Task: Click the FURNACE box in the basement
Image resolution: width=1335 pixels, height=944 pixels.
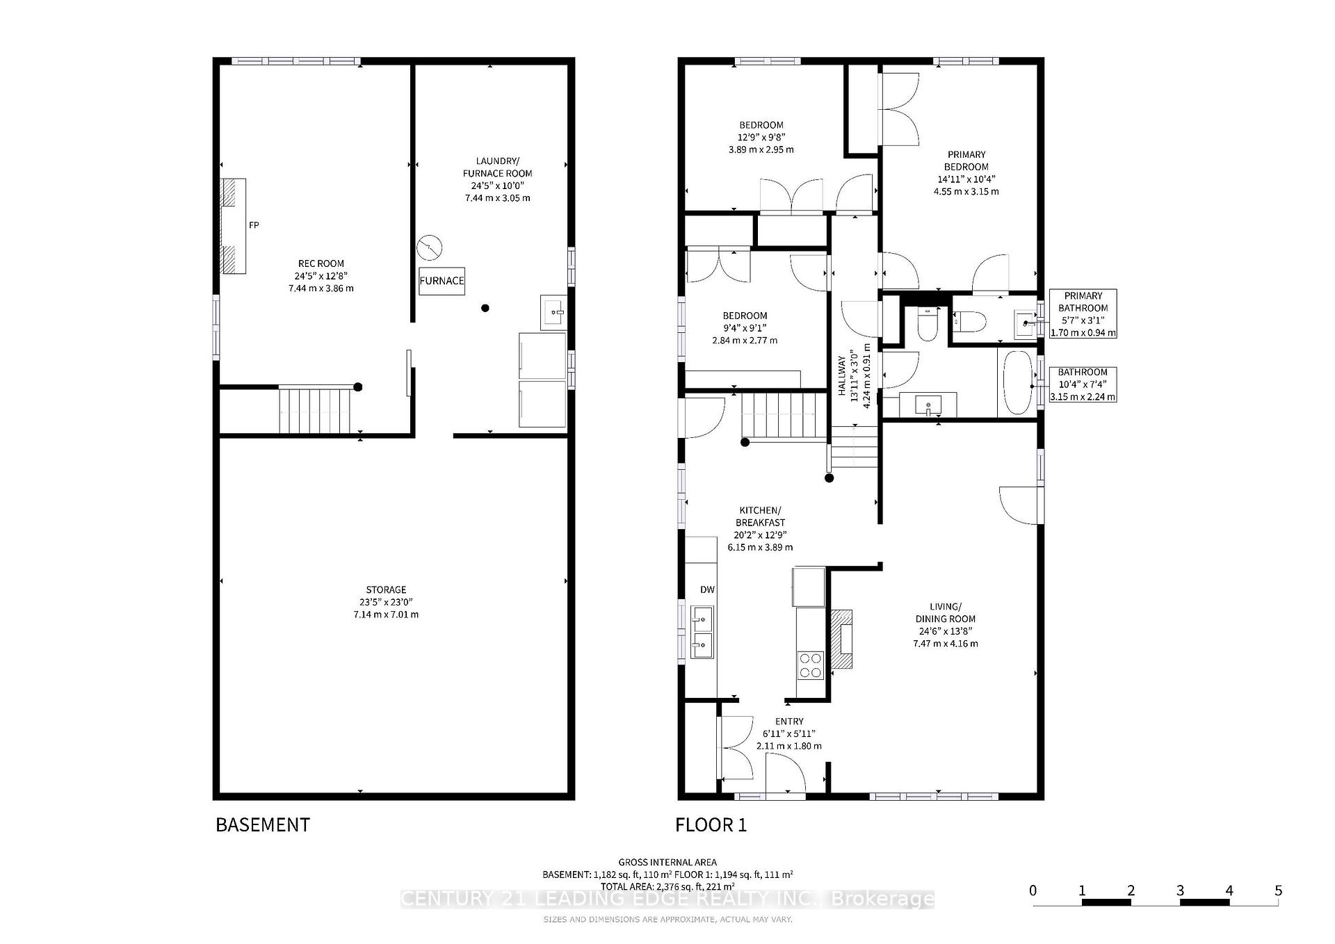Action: [442, 281]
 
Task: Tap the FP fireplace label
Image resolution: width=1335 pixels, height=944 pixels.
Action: [254, 225]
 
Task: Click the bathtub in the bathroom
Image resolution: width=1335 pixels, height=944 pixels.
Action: [1018, 382]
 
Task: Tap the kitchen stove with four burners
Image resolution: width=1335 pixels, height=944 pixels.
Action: [809, 665]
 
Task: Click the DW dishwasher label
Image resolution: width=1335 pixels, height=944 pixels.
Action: [707, 589]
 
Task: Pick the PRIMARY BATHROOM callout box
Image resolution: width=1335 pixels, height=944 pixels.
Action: [1083, 314]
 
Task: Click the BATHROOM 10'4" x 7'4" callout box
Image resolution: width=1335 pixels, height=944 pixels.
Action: [1083, 384]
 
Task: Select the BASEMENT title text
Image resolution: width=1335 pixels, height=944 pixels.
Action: [263, 824]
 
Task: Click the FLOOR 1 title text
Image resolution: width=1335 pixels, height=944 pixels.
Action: [711, 825]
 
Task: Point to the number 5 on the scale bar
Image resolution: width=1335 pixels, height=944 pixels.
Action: [1278, 890]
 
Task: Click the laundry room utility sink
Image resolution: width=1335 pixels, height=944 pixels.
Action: [554, 312]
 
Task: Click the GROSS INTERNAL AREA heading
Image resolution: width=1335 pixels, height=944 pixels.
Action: [667, 862]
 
